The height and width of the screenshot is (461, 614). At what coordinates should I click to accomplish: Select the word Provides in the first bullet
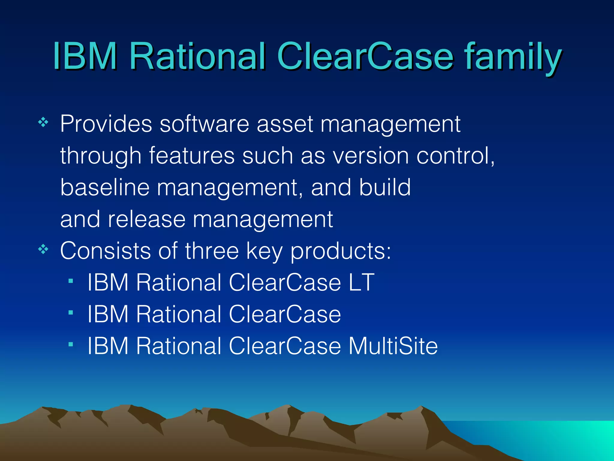pos(106,124)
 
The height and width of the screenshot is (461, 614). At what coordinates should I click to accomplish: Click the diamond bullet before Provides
pos(43,122)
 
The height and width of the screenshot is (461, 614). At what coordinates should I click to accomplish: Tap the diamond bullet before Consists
pos(43,249)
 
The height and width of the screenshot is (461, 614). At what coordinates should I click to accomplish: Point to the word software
pos(204,124)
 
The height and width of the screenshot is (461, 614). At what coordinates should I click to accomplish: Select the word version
pos(371,156)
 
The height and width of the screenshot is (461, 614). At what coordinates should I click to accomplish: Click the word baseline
pos(105,187)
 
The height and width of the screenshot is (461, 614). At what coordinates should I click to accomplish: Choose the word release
pos(147,219)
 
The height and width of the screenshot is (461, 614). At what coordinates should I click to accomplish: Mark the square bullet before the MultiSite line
pos(71,345)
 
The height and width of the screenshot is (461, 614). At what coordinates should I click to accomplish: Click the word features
pos(192,156)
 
